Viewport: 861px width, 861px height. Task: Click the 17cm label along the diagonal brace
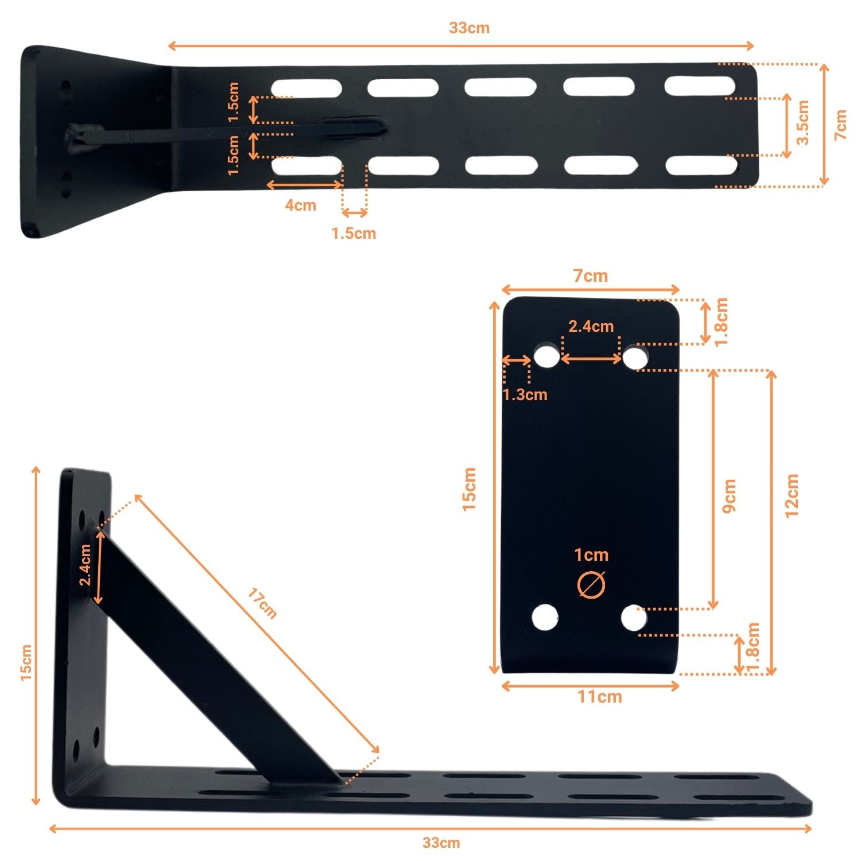[x=262, y=603]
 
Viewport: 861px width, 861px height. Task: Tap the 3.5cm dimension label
[x=803, y=122]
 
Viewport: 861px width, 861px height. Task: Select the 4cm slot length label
[x=301, y=205]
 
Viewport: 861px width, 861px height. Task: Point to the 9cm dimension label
[x=729, y=496]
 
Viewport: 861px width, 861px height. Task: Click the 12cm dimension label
[x=792, y=496]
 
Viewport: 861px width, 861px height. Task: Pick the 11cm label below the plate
[x=599, y=697]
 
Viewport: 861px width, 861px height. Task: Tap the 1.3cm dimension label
[x=525, y=394]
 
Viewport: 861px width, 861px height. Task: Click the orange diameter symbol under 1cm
[x=591, y=585]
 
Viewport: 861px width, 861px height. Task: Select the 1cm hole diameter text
[x=591, y=555]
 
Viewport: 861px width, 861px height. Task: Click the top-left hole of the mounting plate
[x=546, y=356]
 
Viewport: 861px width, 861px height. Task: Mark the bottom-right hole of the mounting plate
[x=634, y=618]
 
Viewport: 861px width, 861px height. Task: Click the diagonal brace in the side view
[x=218, y=660]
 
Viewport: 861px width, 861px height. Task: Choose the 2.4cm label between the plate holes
[x=591, y=327]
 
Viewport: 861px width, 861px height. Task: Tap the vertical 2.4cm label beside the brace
[x=85, y=565]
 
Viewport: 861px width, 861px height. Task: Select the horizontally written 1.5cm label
[x=354, y=234]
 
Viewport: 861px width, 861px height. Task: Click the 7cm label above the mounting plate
[x=591, y=276]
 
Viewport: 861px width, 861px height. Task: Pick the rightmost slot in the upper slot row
[x=700, y=86]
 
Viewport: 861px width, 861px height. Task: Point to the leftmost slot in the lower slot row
[x=307, y=166]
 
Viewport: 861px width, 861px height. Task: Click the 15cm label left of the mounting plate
[x=470, y=489]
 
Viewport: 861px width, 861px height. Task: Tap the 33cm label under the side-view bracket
[x=441, y=843]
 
